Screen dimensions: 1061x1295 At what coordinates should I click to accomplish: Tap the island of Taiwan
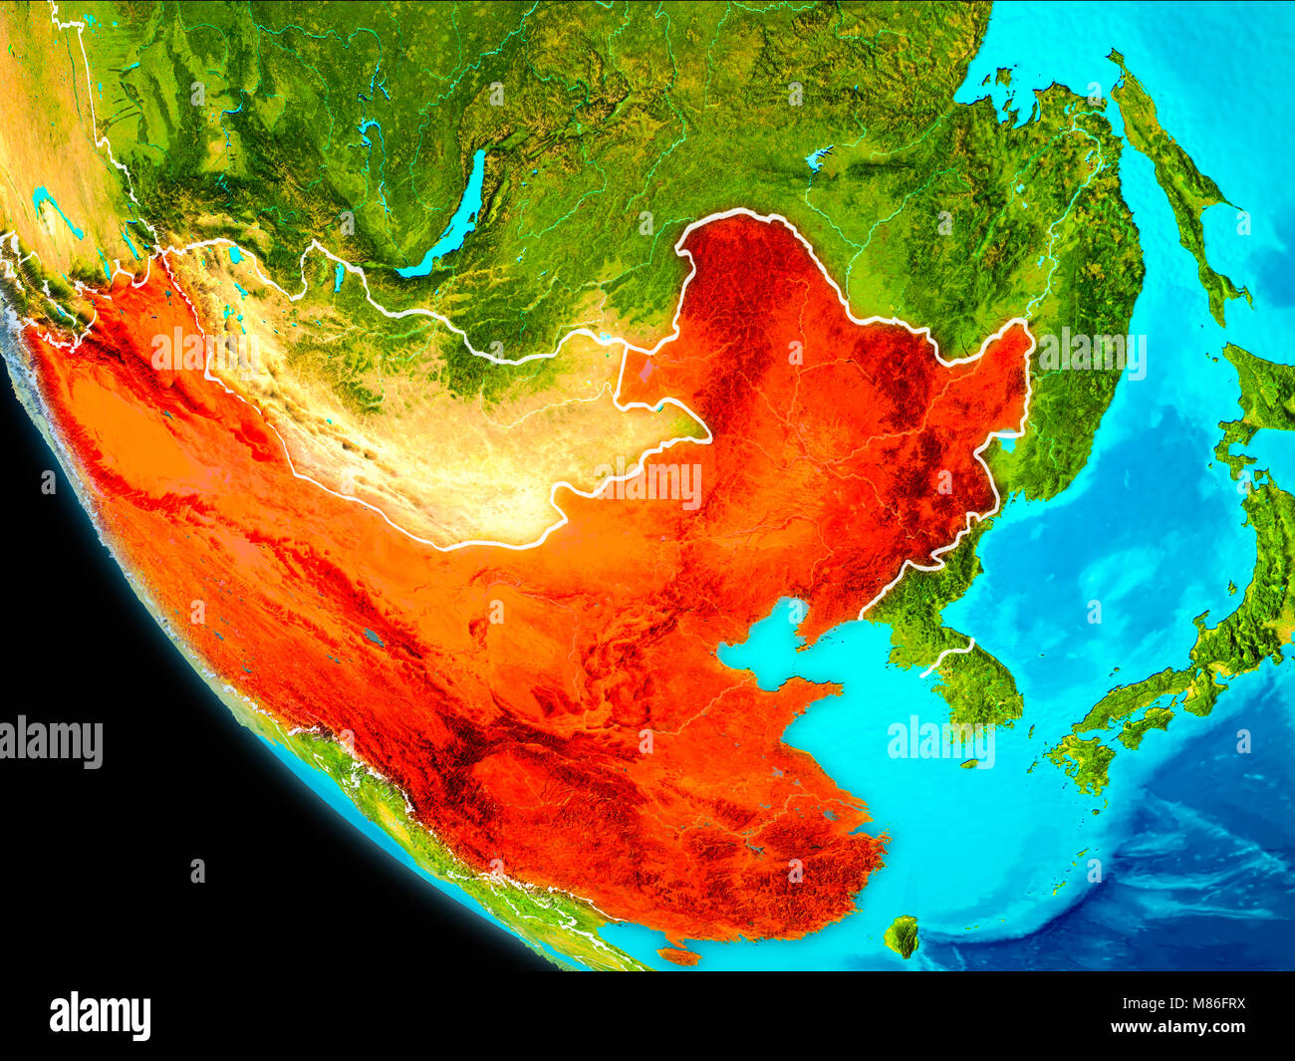click(902, 934)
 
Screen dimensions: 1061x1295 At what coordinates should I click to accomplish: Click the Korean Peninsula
click(956, 638)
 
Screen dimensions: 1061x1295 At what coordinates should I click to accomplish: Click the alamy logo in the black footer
click(100, 1016)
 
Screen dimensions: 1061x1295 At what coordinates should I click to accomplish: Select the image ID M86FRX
click(1210, 1005)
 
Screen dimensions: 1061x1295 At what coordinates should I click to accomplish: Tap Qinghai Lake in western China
click(374, 636)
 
